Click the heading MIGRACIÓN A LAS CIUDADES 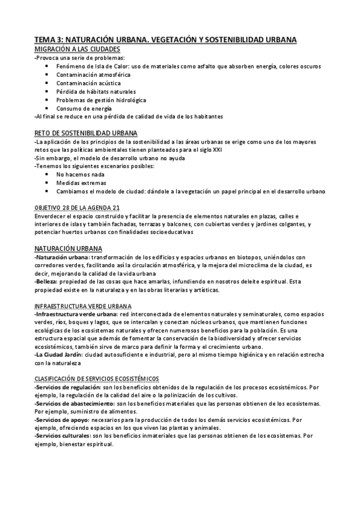pyautogui.click(x=78, y=49)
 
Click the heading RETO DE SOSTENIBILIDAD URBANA pyautogui.click(x=86, y=133)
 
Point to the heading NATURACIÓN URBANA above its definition pyautogui.click(x=69, y=248)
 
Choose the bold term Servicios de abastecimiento pyautogui.click(x=69, y=405)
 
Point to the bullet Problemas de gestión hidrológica pyautogui.click(x=101, y=100)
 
